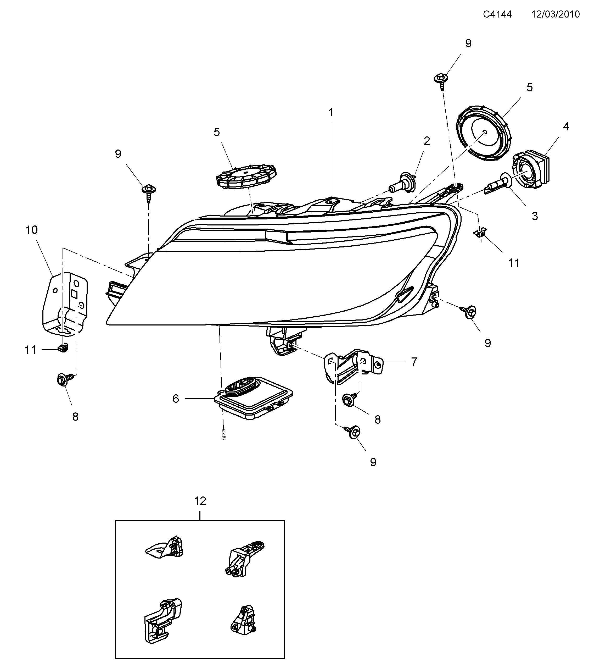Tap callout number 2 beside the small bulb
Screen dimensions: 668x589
(x=427, y=141)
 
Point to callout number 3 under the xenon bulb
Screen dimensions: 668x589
(x=535, y=216)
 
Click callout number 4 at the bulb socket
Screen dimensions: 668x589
(x=566, y=126)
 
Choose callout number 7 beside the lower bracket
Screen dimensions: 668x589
(x=414, y=362)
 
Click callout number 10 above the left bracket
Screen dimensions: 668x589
(x=32, y=230)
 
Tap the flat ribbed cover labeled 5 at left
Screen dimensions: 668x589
(x=246, y=177)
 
